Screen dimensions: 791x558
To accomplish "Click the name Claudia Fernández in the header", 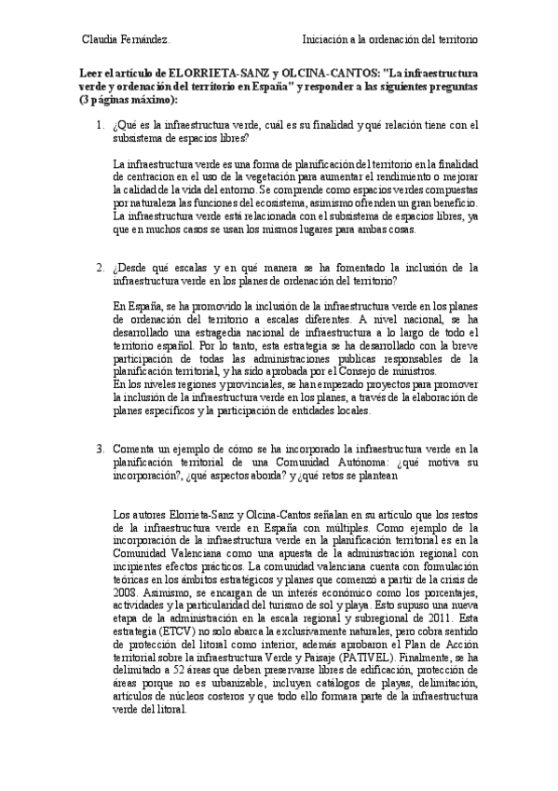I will [126, 40].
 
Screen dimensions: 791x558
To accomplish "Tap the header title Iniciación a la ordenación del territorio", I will [390, 40].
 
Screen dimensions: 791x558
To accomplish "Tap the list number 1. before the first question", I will [101, 125].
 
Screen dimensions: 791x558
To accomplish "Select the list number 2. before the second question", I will [101, 268].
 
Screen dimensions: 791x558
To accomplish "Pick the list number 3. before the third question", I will [101, 450].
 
